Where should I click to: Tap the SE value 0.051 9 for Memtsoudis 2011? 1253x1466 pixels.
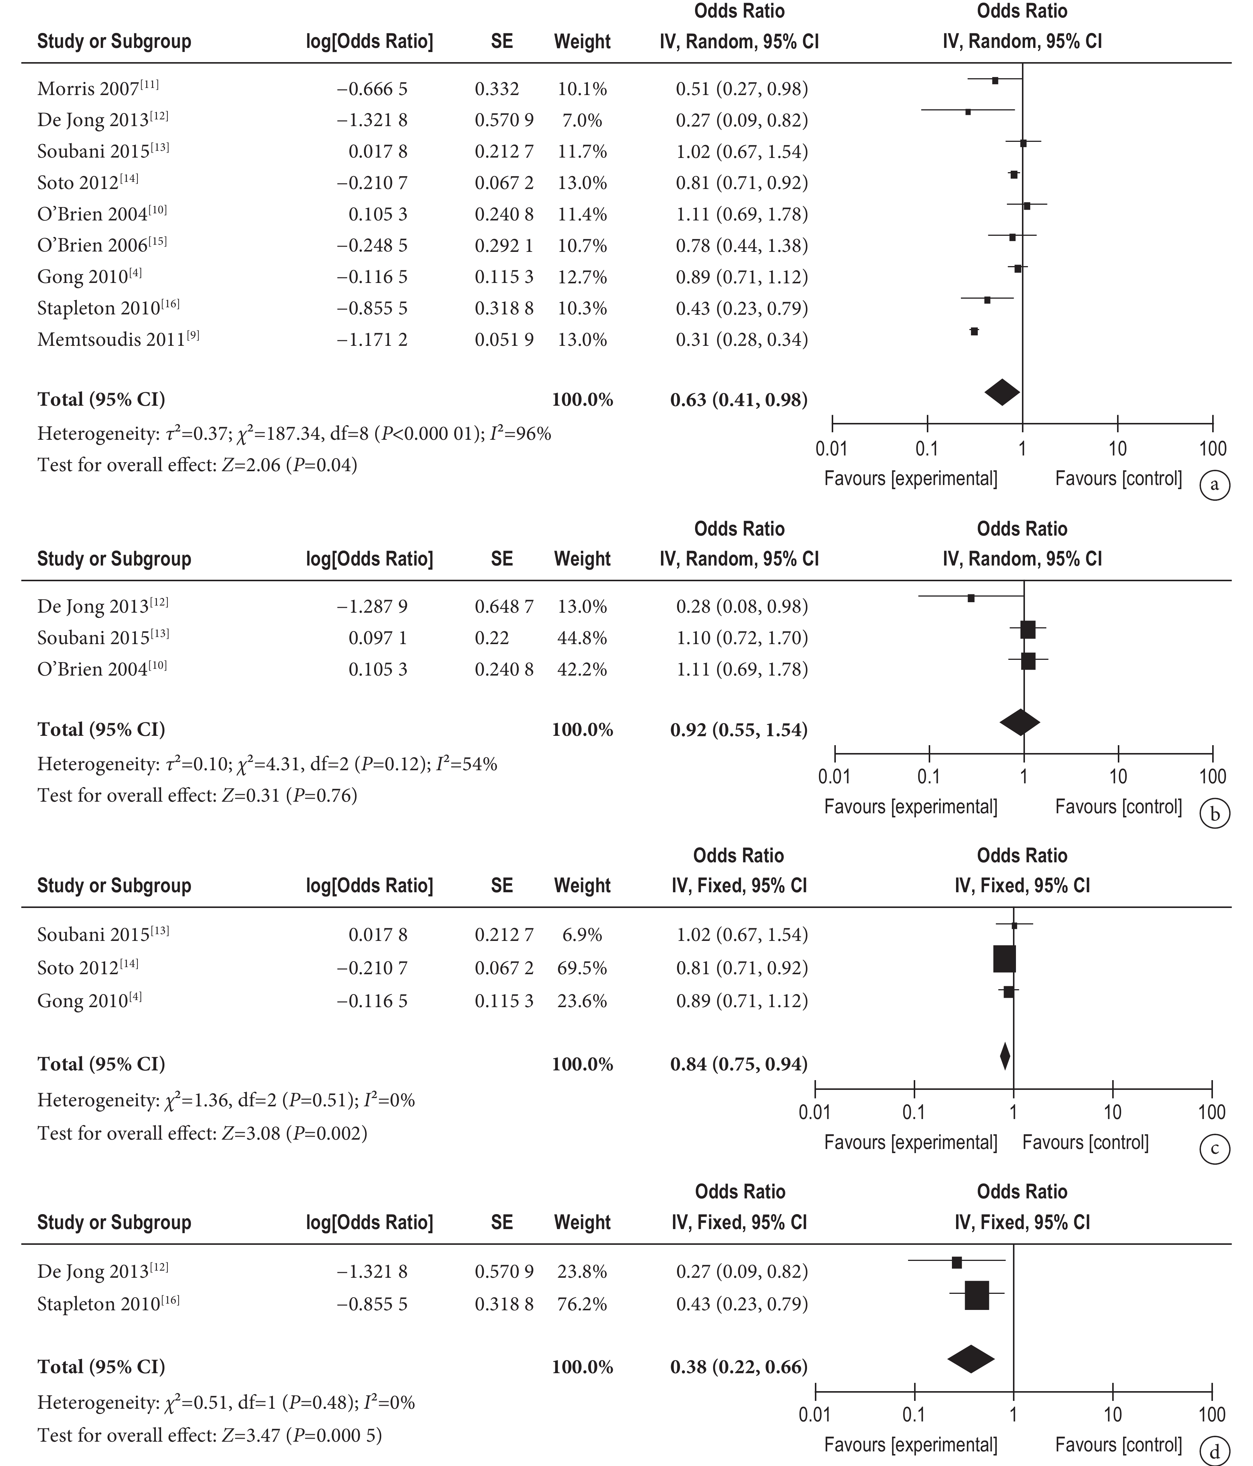[504, 339]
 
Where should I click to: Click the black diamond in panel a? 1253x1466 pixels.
[1002, 392]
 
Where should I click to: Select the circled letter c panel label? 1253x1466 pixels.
[1215, 1149]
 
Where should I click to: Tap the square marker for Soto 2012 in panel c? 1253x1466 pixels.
[1004, 959]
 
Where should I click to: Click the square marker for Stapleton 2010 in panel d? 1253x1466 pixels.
[977, 1295]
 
